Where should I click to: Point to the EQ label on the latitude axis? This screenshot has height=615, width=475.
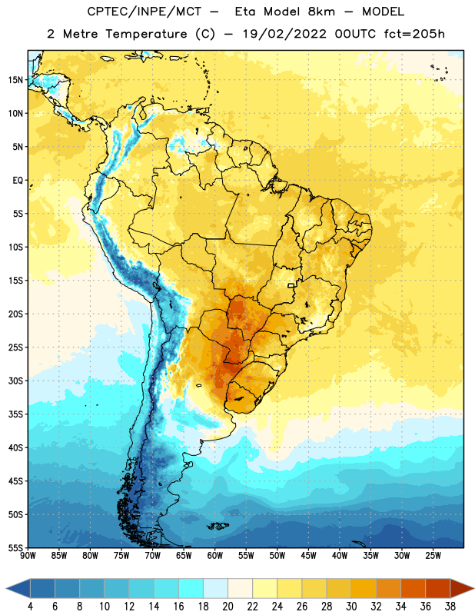18,181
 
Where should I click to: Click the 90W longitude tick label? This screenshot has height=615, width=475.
28,556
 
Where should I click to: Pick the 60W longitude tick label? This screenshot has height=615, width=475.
215,556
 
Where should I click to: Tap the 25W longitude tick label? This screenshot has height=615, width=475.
433,556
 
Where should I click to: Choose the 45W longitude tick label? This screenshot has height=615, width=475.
308,556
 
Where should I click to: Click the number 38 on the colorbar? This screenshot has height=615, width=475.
450,607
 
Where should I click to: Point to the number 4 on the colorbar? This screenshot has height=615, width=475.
30,607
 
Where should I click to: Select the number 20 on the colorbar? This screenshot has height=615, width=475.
228,607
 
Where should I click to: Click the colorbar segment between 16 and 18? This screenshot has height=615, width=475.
191,589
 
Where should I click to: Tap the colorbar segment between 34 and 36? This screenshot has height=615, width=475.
413,589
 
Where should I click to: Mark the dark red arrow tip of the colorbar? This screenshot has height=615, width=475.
473,589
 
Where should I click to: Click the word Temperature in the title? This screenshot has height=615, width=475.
146,34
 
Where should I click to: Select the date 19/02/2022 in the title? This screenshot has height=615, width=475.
284,34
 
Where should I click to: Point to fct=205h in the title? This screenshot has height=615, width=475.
414,34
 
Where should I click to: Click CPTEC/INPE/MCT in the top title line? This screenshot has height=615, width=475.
144,12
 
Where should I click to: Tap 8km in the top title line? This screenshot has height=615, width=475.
321,12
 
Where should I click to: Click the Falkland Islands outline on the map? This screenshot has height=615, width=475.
218,526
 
